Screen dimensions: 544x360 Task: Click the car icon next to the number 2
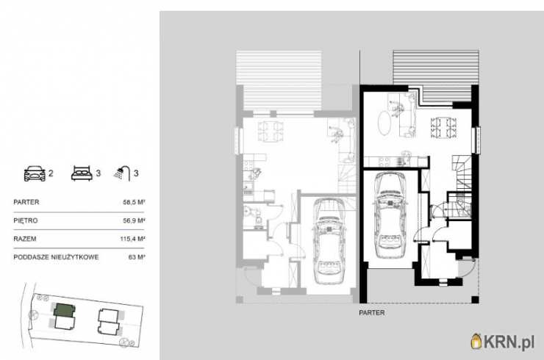[x=35, y=173]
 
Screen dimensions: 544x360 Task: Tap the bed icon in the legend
[x=82, y=173]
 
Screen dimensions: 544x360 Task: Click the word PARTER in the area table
[x=26, y=202]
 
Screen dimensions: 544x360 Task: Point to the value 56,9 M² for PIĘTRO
[x=134, y=220]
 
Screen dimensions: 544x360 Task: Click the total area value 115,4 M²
[x=132, y=239]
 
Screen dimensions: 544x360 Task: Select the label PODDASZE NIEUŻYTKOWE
[x=56, y=257]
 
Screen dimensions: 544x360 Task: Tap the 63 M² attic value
[x=137, y=257]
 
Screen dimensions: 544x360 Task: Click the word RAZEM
[x=25, y=239]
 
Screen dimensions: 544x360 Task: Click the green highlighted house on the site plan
[x=65, y=310]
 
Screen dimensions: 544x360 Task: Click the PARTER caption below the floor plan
[x=372, y=313]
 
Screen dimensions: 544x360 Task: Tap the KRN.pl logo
[x=502, y=342]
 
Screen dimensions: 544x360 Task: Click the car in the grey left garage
[x=329, y=241]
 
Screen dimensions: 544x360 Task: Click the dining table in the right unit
[x=443, y=128]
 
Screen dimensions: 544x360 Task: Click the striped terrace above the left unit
[x=279, y=81]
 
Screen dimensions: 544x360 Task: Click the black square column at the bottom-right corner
[x=475, y=300]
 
